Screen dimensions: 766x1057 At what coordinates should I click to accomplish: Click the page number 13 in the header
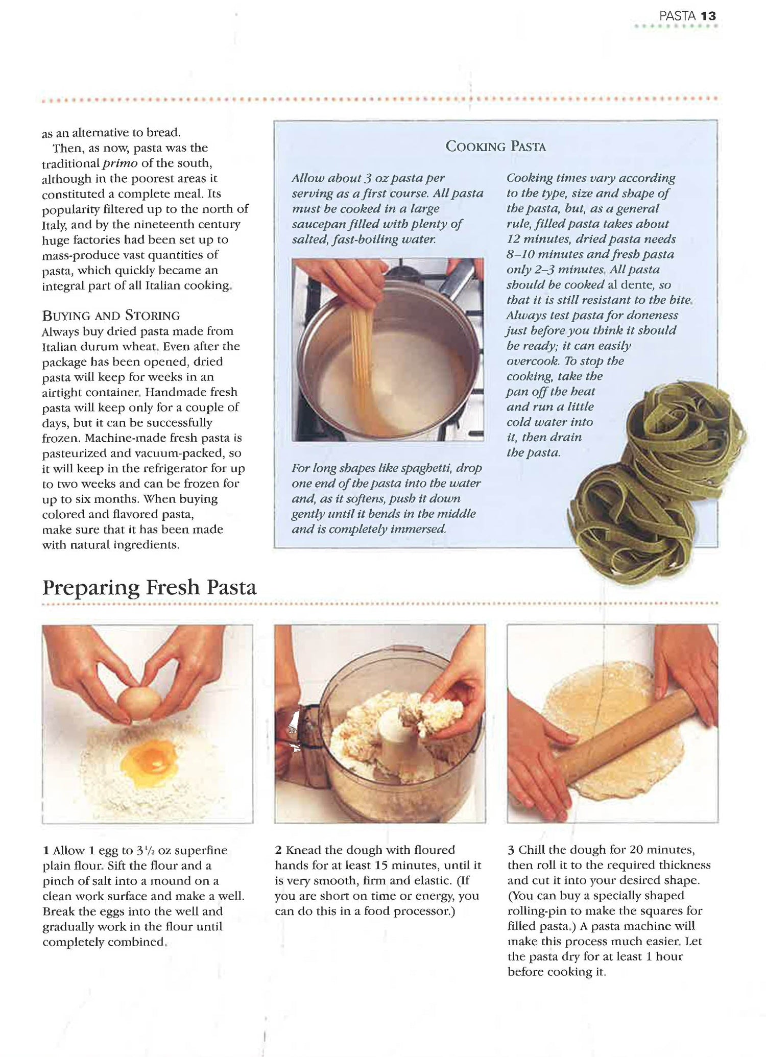(x=708, y=16)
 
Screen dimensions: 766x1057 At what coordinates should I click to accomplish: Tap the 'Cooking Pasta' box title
(x=496, y=147)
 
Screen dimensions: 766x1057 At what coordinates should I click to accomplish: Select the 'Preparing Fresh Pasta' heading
(x=149, y=587)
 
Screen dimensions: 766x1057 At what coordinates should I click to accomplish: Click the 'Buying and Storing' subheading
(x=111, y=316)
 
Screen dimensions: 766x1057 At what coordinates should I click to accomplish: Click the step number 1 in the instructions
(x=46, y=851)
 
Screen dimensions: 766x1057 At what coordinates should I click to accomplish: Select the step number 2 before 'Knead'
(x=278, y=850)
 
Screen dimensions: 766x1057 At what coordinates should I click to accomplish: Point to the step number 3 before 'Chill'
(x=511, y=850)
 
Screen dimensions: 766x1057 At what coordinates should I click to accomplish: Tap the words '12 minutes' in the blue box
(x=536, y=239)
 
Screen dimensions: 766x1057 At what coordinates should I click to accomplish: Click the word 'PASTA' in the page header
(x=677, y=16)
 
